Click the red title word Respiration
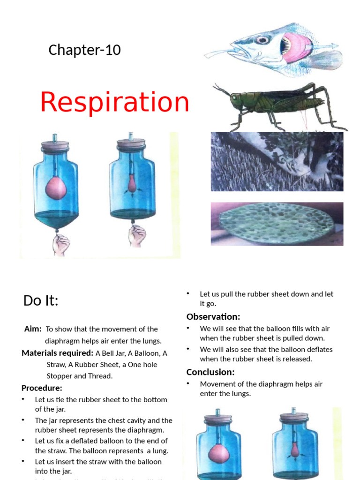(x=114, y=102)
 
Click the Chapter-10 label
(x=84, y=50)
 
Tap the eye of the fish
(x=263, y=40)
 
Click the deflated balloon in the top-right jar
(x=132, y=184)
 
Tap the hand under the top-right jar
(x=137, y=236)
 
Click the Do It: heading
(x=41, y=301)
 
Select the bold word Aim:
(x=33, y=329)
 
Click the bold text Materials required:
(x=57, y=353)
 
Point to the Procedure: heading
(x=42, y=388)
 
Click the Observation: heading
(x=213, y=316)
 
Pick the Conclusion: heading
(x=210, y=372)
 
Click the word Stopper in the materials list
(x=60, y=376)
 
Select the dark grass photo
(x=277, y=162)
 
